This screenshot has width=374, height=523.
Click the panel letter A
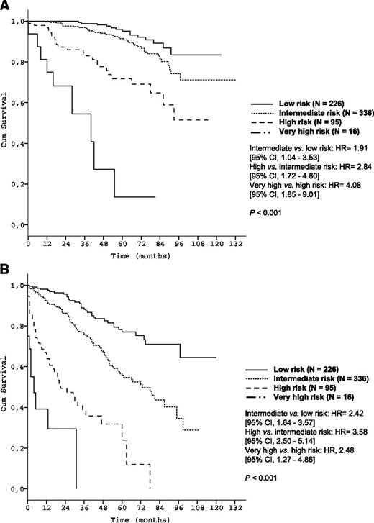click(x=6, y=6)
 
